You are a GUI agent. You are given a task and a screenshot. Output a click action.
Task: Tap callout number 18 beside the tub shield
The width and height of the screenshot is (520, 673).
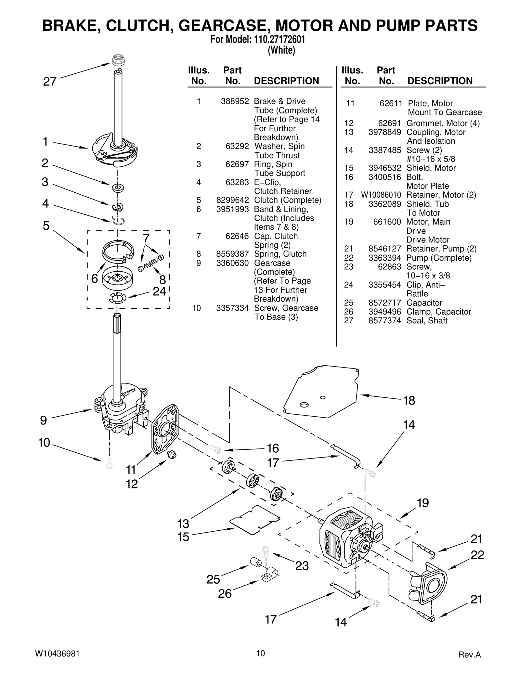(x=409, y=400)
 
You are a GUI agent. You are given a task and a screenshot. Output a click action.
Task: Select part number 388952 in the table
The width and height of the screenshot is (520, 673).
(x=235, y=101)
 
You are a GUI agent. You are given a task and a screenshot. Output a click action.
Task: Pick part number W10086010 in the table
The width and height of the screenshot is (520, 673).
(x=381, y=195)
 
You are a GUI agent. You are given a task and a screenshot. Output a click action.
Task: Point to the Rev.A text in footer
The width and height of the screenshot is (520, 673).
(x=469, y=654)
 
